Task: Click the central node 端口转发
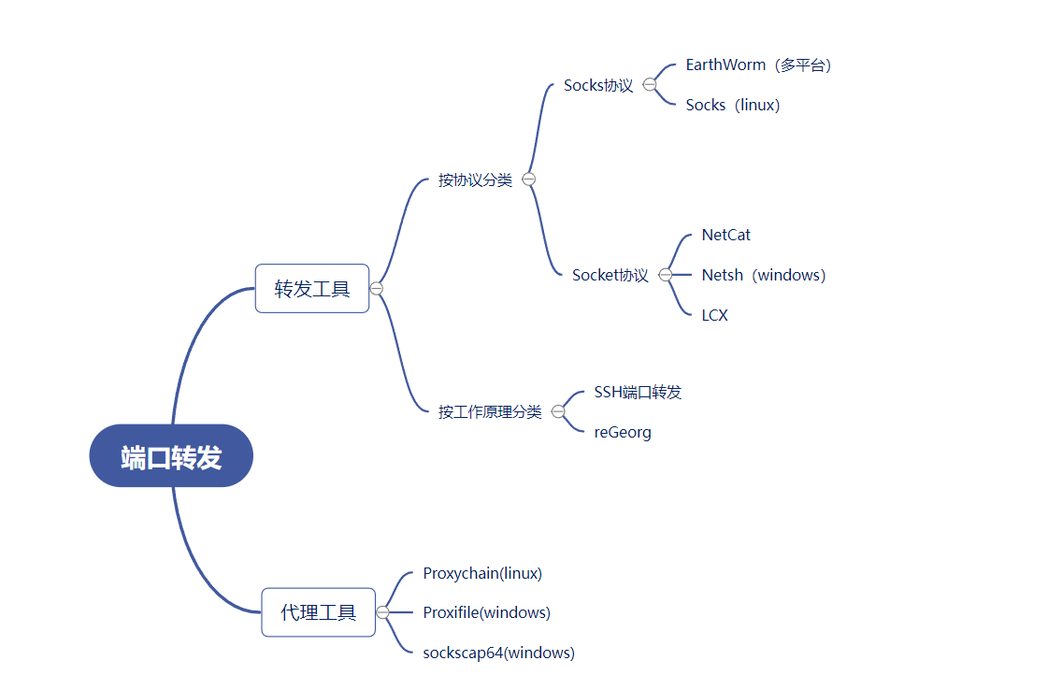click(171, 456)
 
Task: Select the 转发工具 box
click(312, 288)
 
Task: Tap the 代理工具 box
click(318, 612)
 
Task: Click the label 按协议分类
click(475, 180)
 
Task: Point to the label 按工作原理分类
click(490, 411)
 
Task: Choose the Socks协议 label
click(598, 85)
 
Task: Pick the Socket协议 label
click(610, 275)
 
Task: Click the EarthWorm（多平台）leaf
click(758, 65)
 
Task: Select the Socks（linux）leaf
click(732, 105)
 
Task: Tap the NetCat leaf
click(725, 235)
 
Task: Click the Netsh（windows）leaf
click(763, 275)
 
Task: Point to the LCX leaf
click(714, 315)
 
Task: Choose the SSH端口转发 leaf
click(638, 392)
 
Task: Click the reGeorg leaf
click(623, 432)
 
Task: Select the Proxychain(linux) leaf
click(482, 573)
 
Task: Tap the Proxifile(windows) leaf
click(486, 612)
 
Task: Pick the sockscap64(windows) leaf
click(498, 653)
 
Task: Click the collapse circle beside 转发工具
click(377, 288)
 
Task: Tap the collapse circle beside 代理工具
click(382, 612)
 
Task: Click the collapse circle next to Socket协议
click(666, 275)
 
